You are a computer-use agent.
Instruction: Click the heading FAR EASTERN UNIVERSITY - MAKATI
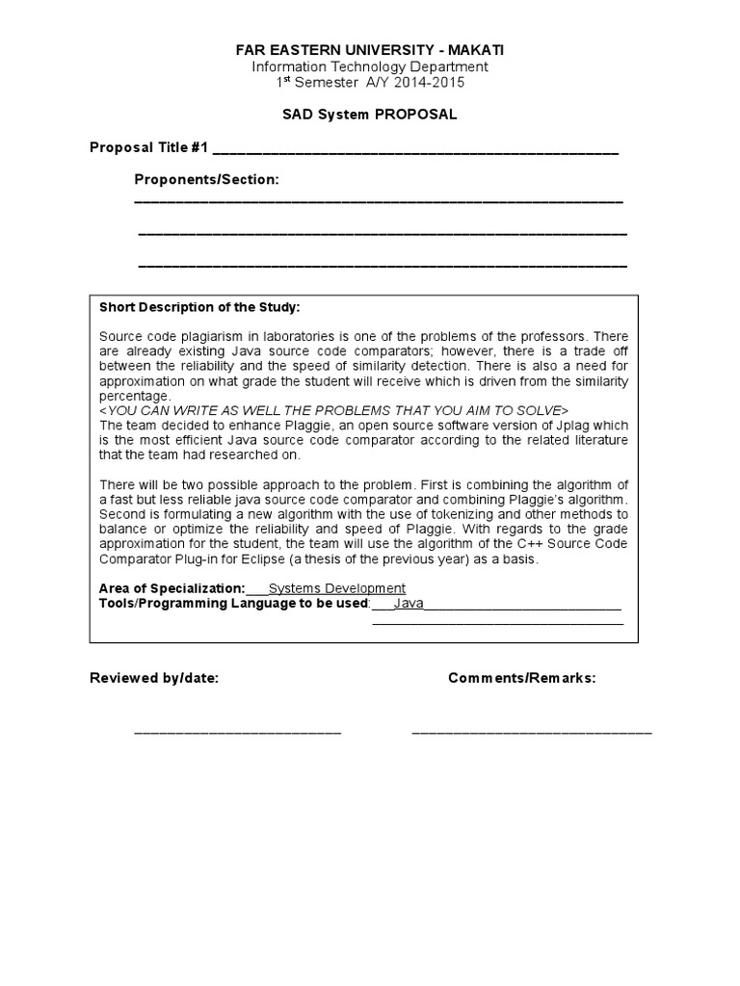pyautogui.click(x=370, y=49)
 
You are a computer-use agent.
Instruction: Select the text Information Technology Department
pyautogui.click(x=370, y=66)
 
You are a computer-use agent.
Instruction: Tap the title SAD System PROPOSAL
pyautogui.click(x=370, y=115)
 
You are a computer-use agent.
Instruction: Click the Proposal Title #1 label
pyautogui.click(x=148, y=147)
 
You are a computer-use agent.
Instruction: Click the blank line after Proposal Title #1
pyautogui.click(x=414, y=150)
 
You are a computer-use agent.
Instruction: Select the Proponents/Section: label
pyautogui.click(x=206, y=179)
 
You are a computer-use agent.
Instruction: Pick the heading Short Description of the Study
pyautogui.click(x=199, y=307)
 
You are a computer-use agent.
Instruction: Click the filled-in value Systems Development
pyautogui.click(x=336, y=588)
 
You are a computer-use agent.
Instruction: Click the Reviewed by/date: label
pyautogui.click(x=154, y=678)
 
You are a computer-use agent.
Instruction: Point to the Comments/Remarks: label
pyautogui.click(x=521, y=678)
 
